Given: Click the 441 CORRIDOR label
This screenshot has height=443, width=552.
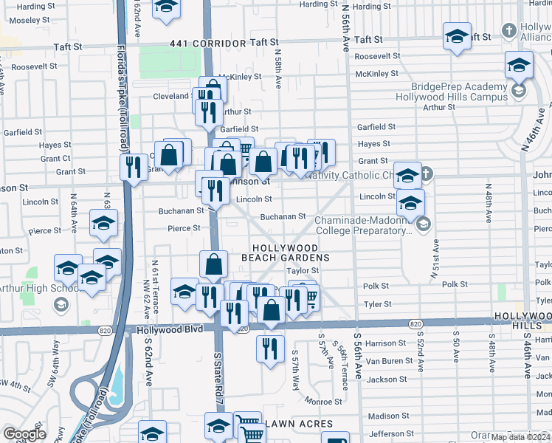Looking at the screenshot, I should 207,44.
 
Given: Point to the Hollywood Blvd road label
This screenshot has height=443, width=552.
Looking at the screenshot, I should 162,332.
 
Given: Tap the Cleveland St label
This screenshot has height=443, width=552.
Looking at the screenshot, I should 170,96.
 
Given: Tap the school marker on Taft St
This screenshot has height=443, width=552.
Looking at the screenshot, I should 457,36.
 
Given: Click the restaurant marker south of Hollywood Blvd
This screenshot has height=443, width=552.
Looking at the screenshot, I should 270,348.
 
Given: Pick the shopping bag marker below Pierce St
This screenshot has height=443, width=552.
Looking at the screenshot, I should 213,264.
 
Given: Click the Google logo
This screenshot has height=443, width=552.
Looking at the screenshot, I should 24,434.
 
